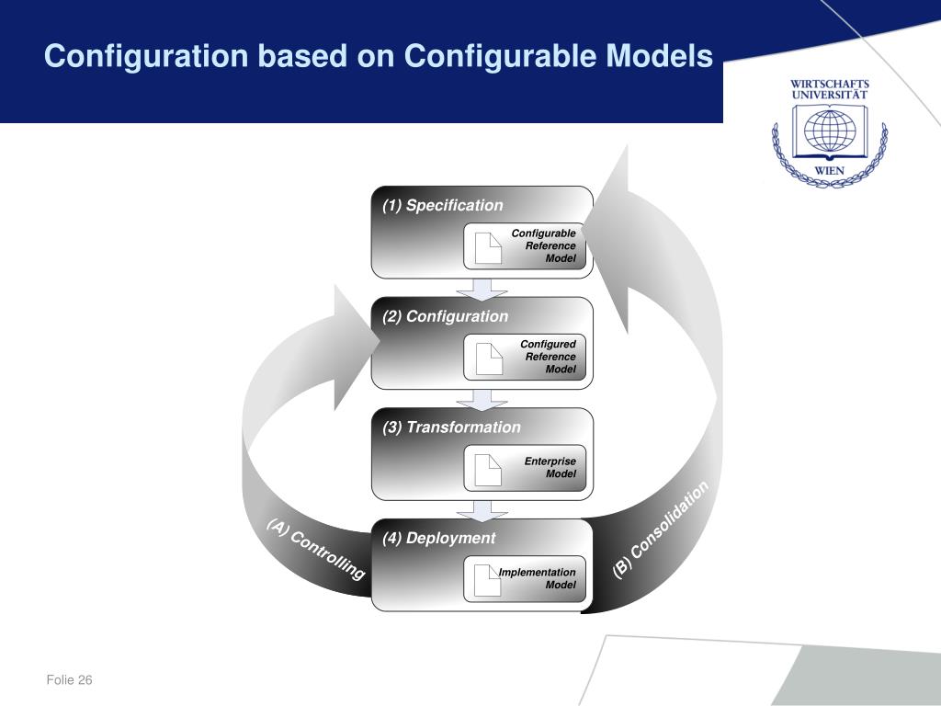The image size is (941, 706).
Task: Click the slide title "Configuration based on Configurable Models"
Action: pyautogui.click(x=379, y=57)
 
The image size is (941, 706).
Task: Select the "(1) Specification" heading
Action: pyautogui.click(x=443, y=205)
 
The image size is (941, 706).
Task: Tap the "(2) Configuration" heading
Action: pyautogui.click(x=446, y=316)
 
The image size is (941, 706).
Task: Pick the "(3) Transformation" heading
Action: pyautogui.click(x=451, y=427)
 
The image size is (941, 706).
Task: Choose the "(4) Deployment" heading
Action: pyautogui.click(x=439, y=538)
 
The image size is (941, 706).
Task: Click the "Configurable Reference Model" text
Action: pyautogui.click(x=544, y=245)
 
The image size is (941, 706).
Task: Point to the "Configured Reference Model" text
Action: pyautogui.click(x=549, y=357)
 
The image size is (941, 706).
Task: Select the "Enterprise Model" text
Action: pyautogui.click(x=550, y=467)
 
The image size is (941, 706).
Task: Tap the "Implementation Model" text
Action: pyautogui.click(x=538, y=578)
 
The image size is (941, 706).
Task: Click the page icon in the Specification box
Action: pyautogui.click(x=488, y=248)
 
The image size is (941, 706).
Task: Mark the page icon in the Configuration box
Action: pyautogui.click(x=488, y=359)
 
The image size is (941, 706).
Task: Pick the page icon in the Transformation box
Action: pyautogui.click(x=488, y=470)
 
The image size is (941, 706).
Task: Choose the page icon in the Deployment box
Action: pyautogui.click(x=488, y=581)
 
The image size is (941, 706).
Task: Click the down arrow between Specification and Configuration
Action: pyautogui.click(x=482, y=288)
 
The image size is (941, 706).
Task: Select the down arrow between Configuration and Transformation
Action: pyautogui.click(x=482, y=399)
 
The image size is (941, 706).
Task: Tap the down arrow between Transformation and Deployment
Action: pyautogui.click(x=482, y=510)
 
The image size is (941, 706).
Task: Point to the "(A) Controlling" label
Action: pyautogui.click(x=316, y=550)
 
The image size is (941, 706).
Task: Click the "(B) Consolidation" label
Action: pyautogui.click(x=662, y=529)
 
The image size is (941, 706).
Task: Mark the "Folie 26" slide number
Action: pyautogui.click(x=71, y=680)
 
